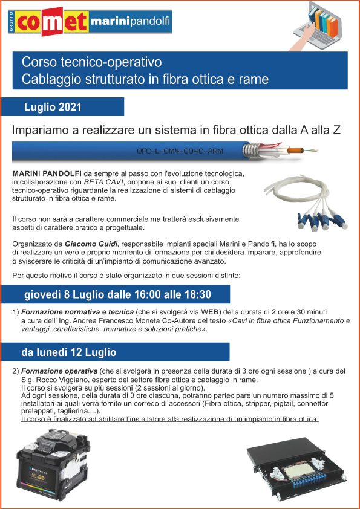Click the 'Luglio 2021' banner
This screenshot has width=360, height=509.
coord(53,107)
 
